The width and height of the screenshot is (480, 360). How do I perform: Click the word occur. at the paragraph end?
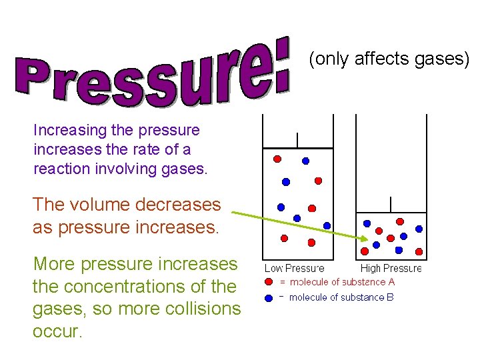coord(57,331)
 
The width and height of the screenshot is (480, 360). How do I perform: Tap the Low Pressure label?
coord(294,269)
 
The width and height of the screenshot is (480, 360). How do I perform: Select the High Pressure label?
coord(391,269)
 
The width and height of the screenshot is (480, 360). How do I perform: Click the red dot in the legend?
coord(269,282)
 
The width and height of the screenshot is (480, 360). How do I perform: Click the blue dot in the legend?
coord(269,297)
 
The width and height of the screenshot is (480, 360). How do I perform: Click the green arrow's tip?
coord(365,239)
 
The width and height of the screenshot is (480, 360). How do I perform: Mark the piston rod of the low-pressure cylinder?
coord(297,139)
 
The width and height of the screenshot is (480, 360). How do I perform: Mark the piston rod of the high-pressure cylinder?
coord(391,203)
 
